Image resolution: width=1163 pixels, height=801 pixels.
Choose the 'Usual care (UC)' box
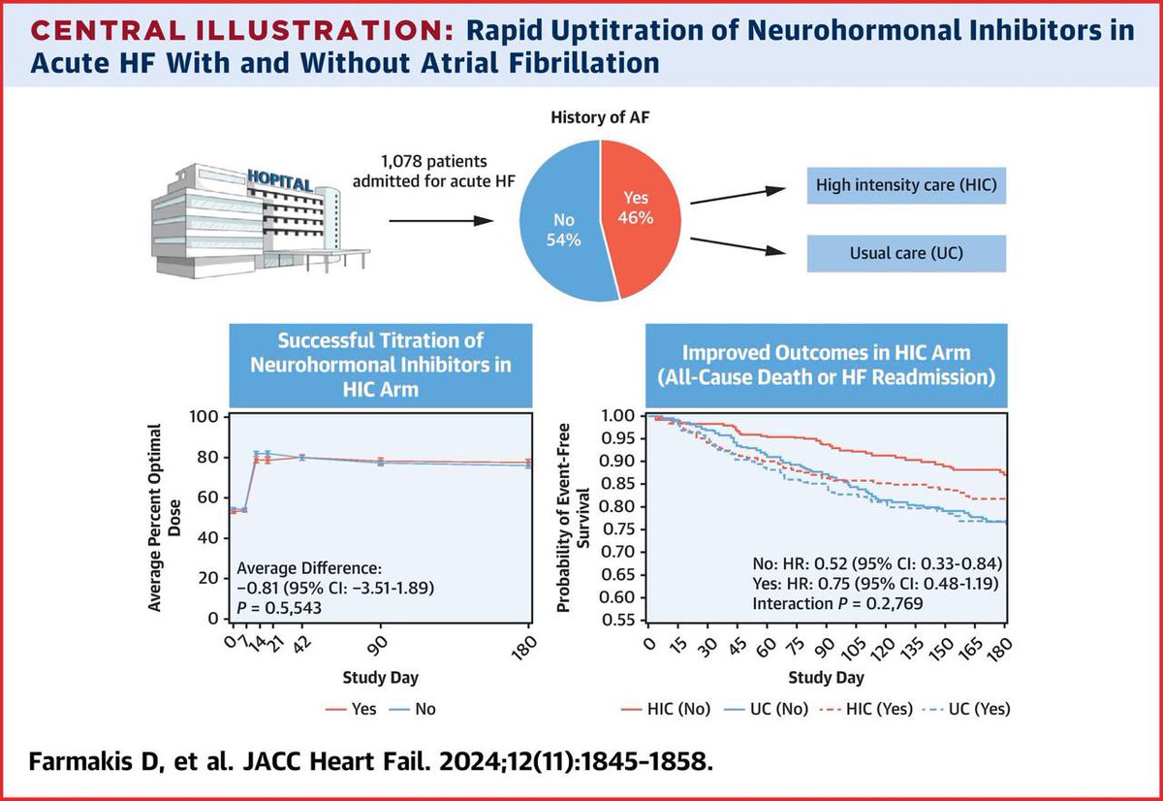point(905,254)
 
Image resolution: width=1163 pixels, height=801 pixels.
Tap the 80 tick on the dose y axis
point(204,457)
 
